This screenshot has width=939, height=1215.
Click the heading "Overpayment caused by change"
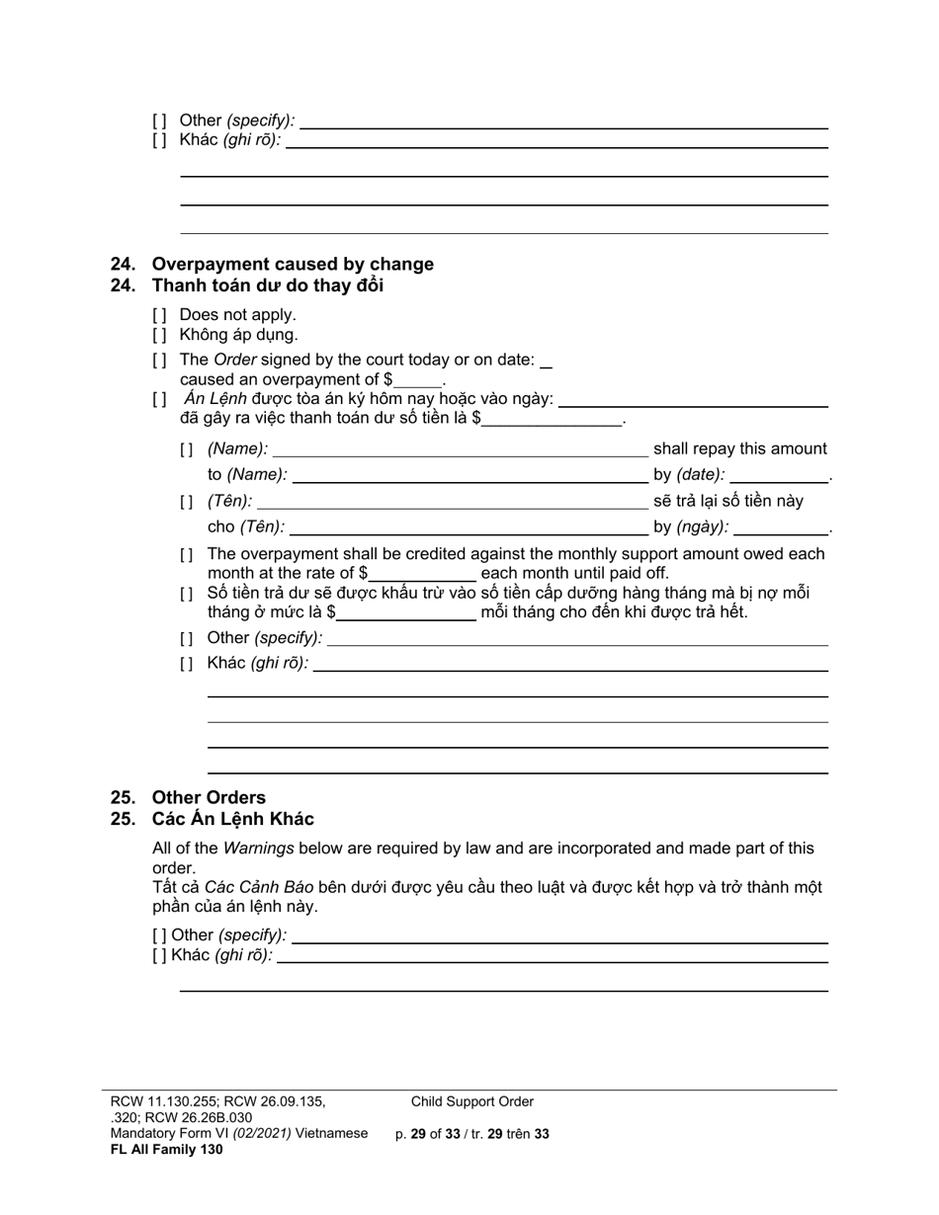292,264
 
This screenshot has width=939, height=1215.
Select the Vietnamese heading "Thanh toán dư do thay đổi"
267,285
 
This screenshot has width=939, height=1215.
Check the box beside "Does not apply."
159,315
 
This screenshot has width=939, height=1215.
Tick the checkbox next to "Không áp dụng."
159,335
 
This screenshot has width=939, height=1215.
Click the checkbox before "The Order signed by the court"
159,361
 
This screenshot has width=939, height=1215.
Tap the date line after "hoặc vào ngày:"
692,401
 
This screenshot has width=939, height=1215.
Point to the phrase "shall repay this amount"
739,449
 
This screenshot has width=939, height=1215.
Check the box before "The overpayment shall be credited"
187,556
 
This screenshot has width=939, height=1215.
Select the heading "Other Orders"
208,797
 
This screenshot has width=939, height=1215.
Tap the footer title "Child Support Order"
472,1101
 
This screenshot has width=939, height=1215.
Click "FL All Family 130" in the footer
166,1149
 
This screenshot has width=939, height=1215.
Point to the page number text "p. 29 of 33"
427,1134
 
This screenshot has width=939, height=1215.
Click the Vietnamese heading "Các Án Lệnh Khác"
232,819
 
